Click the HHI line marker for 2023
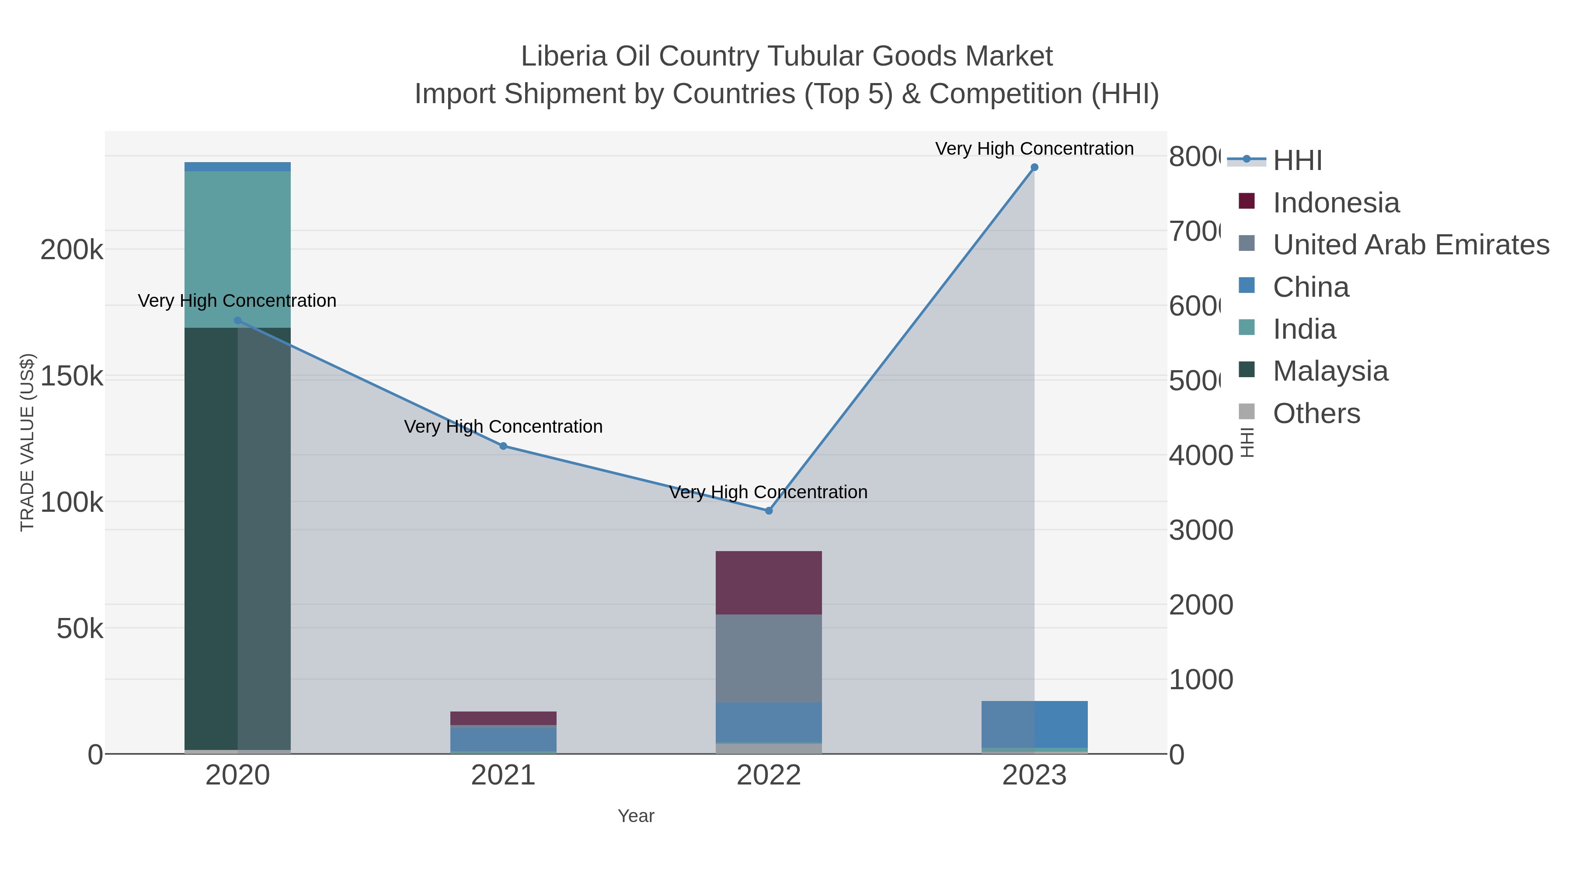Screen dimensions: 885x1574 tap(1034, 167)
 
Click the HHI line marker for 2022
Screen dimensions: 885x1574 tap(769, 510)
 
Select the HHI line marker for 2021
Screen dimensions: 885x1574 tap(503, 446)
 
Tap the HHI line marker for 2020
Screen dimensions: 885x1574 tap(238, 321)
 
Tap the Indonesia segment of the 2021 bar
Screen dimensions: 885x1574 tap(503, 718)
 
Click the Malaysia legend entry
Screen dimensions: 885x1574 tap(1330, 371)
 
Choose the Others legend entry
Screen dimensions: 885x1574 tap(1316, 413)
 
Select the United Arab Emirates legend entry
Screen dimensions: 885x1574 tap(1410, 245)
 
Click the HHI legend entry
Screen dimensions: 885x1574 tap(1297, 161)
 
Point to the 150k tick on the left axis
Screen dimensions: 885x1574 tap(72, 376)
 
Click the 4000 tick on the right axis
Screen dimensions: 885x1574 tap(1200, 456)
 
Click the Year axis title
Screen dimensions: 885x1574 tap(635, 816)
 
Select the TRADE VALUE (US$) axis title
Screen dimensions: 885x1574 tap(28, 442)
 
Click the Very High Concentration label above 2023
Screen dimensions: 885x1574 tap(1034, 149)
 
